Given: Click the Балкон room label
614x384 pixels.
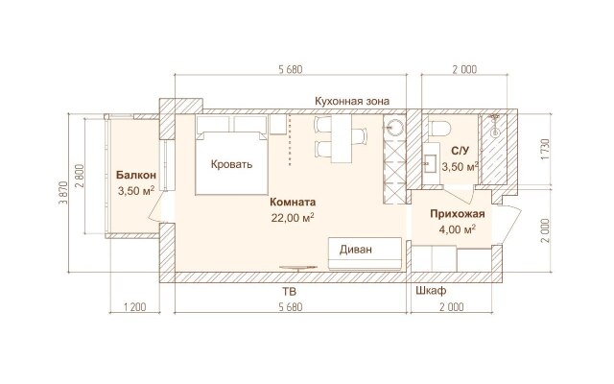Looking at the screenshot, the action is [x=136, y=175].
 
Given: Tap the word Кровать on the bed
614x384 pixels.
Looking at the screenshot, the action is [x=231, y=164].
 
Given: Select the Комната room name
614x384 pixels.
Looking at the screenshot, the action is [x=293, y=203].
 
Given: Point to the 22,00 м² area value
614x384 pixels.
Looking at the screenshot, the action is [x=293, y=218].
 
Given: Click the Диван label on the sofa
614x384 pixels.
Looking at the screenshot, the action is [x=356, y=250].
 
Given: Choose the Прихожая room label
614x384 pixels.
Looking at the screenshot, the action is [x=458, y=214].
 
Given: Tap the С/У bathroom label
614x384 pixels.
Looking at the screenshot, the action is [x=460, y=151].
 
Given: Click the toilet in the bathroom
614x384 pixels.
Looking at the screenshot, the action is [x=440, y=128].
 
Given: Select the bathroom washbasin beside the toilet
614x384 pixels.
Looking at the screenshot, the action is [x=431, y=161].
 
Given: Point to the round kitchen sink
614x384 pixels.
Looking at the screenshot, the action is [x=394, y=127].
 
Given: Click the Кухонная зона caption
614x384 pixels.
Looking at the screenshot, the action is [x=352, y=101].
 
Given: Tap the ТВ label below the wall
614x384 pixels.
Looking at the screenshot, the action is [x=290, y=292].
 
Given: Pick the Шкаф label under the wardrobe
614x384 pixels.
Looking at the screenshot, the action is [x=431, y=291].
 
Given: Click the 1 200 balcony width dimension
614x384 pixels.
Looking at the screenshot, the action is [x=134, y=306].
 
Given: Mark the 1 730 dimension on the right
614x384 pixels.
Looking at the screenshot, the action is [x=545, y=150].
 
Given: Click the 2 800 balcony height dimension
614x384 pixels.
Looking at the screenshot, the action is [x=79, y=177].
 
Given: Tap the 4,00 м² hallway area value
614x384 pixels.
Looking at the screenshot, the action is [x=458, y=229].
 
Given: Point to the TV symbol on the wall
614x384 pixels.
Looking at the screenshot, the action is [x=298, y=268].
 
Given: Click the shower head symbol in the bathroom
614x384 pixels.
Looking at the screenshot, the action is [x=495, y=126].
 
